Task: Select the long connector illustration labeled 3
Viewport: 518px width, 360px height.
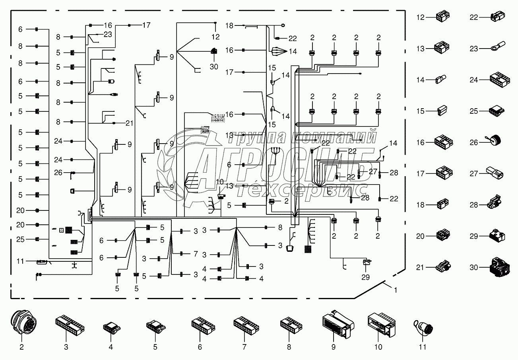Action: pyautogui.click(x=70, y=325)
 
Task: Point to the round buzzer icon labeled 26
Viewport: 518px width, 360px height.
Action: pyautogui.click(x=495, y=142)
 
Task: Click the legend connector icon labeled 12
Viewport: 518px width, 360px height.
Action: pyautogui.click(x=441, y=17)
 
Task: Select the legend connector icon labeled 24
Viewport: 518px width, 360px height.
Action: pyautogui.click(x=497, y=80)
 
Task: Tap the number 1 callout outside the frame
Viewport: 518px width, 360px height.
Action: pyautogui.click(x=395, y=290)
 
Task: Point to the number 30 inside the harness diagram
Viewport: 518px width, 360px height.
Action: pyautogui.click(x=214, y=67)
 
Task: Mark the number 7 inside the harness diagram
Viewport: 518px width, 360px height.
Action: pyautogui.click(x=195, y=253)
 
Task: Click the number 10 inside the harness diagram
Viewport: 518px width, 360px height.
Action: pyautogui.click(x=220, y=182)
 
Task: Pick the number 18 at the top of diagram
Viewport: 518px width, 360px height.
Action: pyautogui.click(x=229, y=25)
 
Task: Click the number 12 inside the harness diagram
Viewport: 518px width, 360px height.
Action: pyautogui.click(x=215, y=37)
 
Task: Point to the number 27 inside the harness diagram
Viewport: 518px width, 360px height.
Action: pyautogui.click(x=372, y=171)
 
